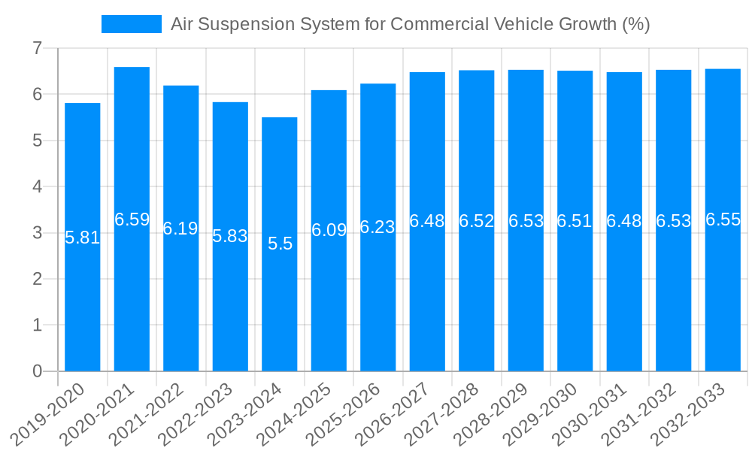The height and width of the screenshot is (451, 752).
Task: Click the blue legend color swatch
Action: tap(131, 24)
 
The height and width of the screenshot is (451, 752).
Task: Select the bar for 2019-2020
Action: tap(83, 301)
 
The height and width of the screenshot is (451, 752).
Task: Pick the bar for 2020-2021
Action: tap(132, 301)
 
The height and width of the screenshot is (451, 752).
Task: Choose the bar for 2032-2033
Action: tap(723, 301)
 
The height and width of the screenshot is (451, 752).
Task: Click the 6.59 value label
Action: tap(132, 219)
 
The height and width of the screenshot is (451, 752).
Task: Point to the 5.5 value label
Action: tap(280, 244)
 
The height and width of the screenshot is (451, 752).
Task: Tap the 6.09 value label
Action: tap(329, 231)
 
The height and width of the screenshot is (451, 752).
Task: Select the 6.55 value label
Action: tap(723, 220)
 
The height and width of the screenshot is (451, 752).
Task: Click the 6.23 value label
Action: tap(378, 228)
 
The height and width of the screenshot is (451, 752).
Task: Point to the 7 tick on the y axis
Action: tap(37, 49)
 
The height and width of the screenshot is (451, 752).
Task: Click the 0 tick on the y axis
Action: tap(37, 371)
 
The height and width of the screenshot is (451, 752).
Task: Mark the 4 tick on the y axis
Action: tap(37, 187)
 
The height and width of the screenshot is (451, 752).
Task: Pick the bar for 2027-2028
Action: tap(477, 301)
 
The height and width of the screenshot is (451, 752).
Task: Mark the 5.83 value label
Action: tap(230, 236)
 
